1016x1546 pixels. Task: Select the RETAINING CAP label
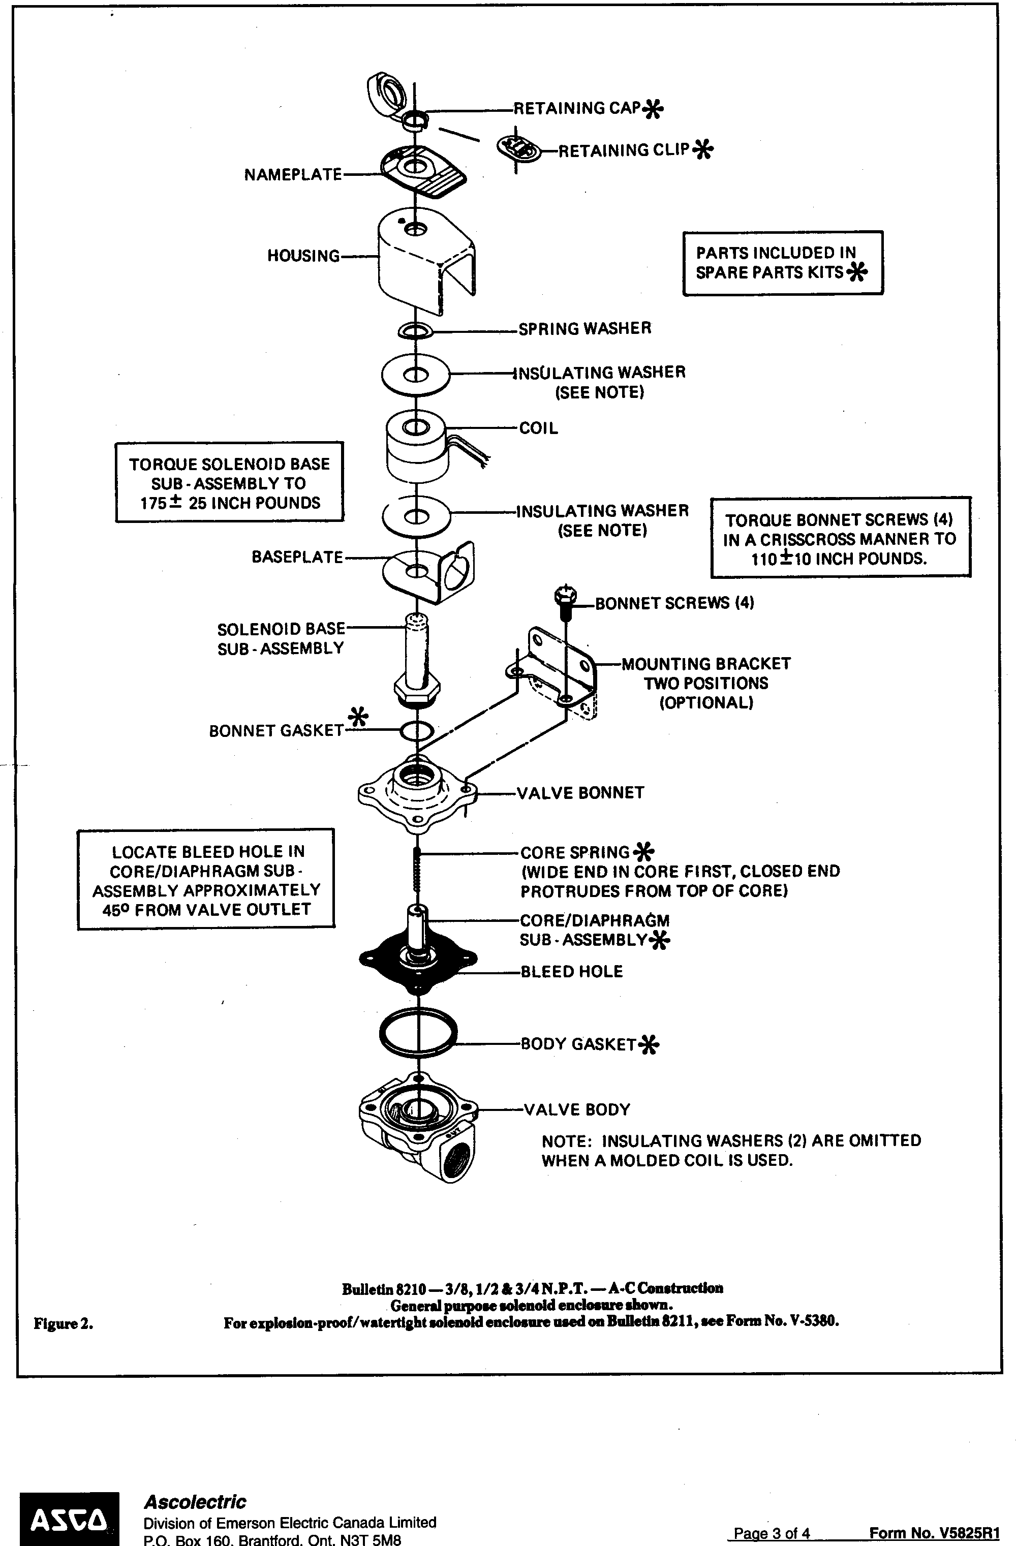point(577,108)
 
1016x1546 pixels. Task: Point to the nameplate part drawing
point(423,171)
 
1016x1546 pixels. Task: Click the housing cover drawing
point(426,260)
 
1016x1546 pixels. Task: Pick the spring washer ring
point(416,331)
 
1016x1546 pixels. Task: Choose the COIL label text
point(539,428)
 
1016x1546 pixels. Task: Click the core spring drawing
point(418,874)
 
